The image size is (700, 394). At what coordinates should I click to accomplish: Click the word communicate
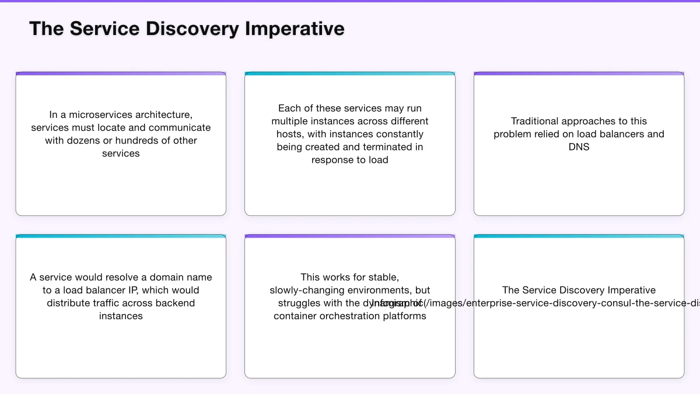click(x=180, y=127)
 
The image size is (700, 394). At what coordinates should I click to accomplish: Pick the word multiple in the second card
click(x=290, y=121)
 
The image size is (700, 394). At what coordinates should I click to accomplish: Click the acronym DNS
click(x=579, y=147)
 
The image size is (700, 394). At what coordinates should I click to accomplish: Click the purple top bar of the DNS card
click(x=579, y=74)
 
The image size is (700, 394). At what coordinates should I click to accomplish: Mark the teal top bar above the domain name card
click(x=121, y=236)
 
